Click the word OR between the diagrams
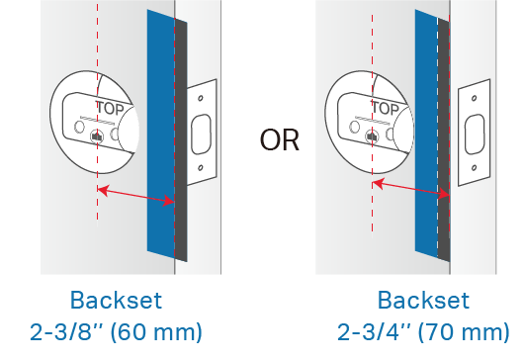click(x=279, y=140)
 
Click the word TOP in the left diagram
click(x=111, y=109)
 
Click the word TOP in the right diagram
click(x=386, y=109)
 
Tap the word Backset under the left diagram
click(x=116, y=301)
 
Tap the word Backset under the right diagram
click(x=423, y=301)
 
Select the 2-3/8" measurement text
click(x=61, y=331)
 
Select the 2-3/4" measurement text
click(x=369, y=331)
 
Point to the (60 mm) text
click(x=156, y=332)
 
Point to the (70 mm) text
click(x=464, y=332)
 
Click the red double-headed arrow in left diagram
click(x=135, y=196)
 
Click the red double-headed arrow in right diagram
click(x=411, y=189)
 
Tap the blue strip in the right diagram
click(x=426, y=134)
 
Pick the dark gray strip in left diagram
click(x=181, y=140)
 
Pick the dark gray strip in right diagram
click(x=444, y=140)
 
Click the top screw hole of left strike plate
click(x=201, y=98)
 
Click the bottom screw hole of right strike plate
click(x=475, y=168)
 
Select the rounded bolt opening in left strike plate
click(x=201, y=134)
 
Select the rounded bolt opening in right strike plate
click(x=475, y=134)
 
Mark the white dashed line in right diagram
click(x=438, y=136)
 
